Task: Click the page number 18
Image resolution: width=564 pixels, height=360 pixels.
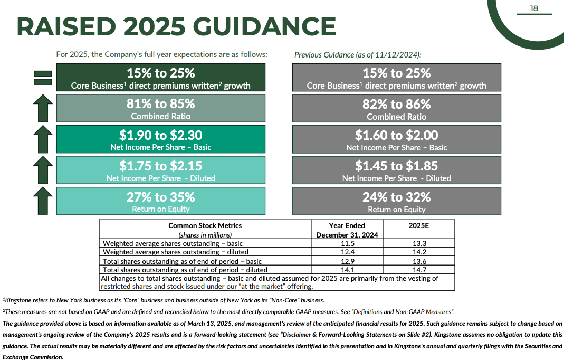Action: [534, 8]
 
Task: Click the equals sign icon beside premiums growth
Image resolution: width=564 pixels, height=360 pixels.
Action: [43, 78]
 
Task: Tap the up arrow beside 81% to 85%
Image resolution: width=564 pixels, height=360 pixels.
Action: [43, 108]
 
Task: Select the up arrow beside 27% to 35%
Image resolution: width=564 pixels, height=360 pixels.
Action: [43, 201]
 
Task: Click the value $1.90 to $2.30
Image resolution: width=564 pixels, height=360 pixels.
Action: [161, 135]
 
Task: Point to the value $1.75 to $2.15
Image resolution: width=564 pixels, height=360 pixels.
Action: [161, 166]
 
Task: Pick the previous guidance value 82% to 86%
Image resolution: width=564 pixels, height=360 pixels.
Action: [396, 104]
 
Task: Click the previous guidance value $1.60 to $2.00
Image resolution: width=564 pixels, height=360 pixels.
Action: [396, 135]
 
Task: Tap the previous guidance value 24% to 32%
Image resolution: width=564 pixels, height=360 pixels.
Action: [396, 197]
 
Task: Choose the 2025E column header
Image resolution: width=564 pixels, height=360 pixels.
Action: [419, 225]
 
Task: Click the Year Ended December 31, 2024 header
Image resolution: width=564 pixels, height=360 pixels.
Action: [347, 230]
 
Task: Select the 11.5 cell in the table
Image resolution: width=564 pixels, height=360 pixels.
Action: [347, 243]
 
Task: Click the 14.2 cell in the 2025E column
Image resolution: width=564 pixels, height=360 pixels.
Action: [419, 252]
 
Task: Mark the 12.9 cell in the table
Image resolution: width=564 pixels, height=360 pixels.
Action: [347, 261]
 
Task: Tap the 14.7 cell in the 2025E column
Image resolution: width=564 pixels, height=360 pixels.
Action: [419, 270]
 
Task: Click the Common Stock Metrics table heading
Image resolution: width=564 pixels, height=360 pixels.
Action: [205, 225]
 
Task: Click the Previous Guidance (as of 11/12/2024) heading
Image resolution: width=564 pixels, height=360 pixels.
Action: [358, 54]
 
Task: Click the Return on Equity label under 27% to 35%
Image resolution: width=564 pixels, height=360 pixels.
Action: [161, 209]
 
